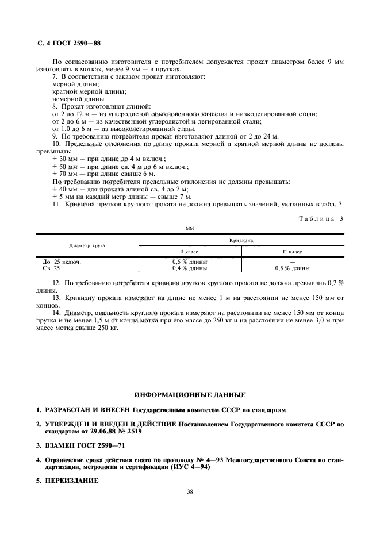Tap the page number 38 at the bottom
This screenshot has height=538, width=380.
[x=189, y=491]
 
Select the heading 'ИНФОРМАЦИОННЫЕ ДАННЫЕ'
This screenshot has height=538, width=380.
[x=190, y=395]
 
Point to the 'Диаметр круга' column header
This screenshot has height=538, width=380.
[x=87, y=245]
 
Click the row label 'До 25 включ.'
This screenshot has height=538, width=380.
[x=62, y=262]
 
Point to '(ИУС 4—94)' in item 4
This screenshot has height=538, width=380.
[x=191, y=467]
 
